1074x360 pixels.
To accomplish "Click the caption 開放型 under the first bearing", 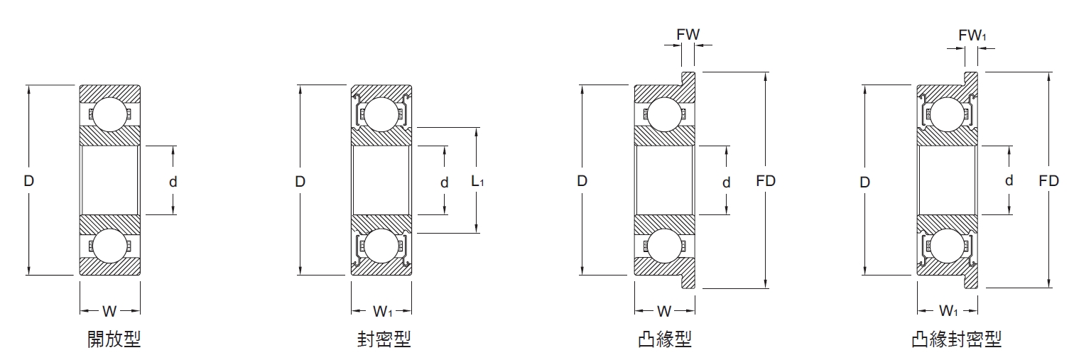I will point(114,339).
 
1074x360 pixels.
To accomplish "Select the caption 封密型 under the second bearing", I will point(384,339).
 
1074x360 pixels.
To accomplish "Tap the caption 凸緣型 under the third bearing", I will point(665,339).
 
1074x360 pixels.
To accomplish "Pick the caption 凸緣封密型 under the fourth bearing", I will point(956,339).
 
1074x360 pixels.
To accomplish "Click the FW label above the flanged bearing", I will point(687,33).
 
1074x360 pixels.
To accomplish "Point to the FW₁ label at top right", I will point(972,34).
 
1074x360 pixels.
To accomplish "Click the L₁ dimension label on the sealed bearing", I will point(478,181).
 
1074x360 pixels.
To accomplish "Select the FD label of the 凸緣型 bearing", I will point(766,180).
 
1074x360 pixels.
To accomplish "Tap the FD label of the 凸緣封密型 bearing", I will point(1048,180).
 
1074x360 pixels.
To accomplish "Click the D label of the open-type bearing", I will point(28,180).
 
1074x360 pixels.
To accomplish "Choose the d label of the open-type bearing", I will point(173,182).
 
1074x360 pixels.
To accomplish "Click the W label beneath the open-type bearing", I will point(109,311).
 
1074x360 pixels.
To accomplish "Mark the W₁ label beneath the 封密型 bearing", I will point(382,311).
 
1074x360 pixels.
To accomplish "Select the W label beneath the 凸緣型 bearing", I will point(664,311).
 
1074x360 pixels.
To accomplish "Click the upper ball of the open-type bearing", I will point(110,114).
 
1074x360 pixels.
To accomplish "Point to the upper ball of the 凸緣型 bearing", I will point(664,114).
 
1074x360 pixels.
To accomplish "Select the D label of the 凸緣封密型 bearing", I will point(864,182).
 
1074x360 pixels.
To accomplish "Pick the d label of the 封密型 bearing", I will point(444,182).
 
